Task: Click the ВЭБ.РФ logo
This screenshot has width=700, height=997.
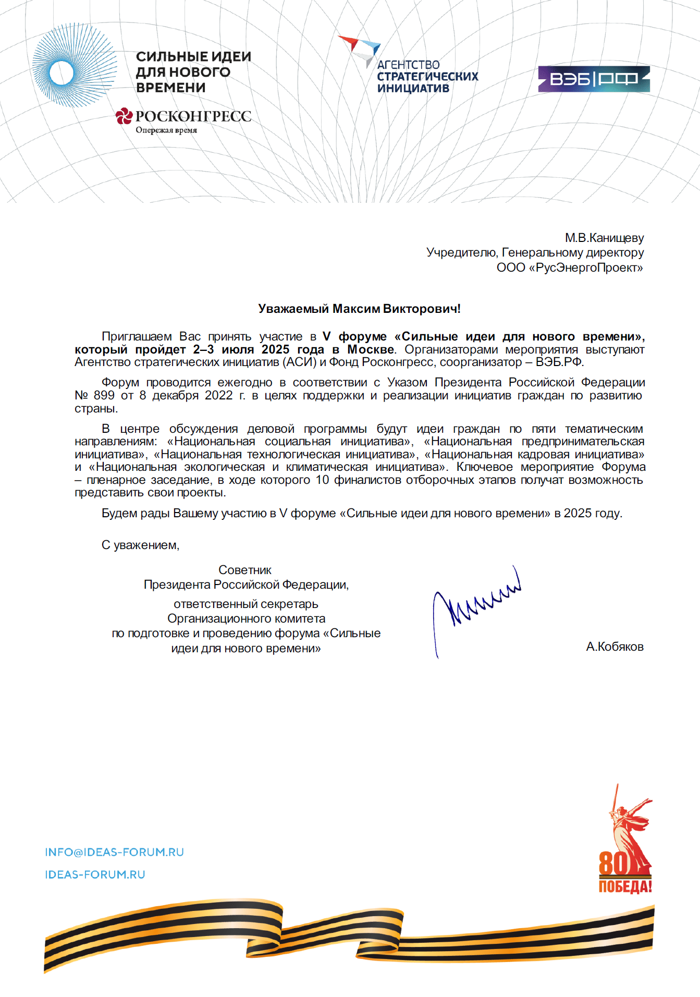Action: click(594, 79)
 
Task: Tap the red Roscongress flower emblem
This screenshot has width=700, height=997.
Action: click(124, 116)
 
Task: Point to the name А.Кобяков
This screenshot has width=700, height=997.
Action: click(615, 647)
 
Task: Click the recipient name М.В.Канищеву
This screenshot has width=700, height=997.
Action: click(604, 238)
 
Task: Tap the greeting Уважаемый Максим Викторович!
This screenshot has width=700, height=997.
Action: click(359, 309)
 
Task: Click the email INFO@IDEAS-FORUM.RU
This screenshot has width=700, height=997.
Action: click(114, 852)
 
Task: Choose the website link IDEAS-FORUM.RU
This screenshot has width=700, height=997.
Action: click(95, 874)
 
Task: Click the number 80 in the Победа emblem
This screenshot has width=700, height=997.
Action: click(613, 864)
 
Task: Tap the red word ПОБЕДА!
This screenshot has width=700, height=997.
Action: click(625, 887)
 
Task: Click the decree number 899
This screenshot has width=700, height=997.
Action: click(104, 395)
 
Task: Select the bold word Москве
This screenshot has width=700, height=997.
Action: click(371, 349)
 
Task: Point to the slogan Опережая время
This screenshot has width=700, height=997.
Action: click(166, 130)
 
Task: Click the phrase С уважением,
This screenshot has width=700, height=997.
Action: click(140, 545)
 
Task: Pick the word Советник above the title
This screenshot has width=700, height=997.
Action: click(245, 570)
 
